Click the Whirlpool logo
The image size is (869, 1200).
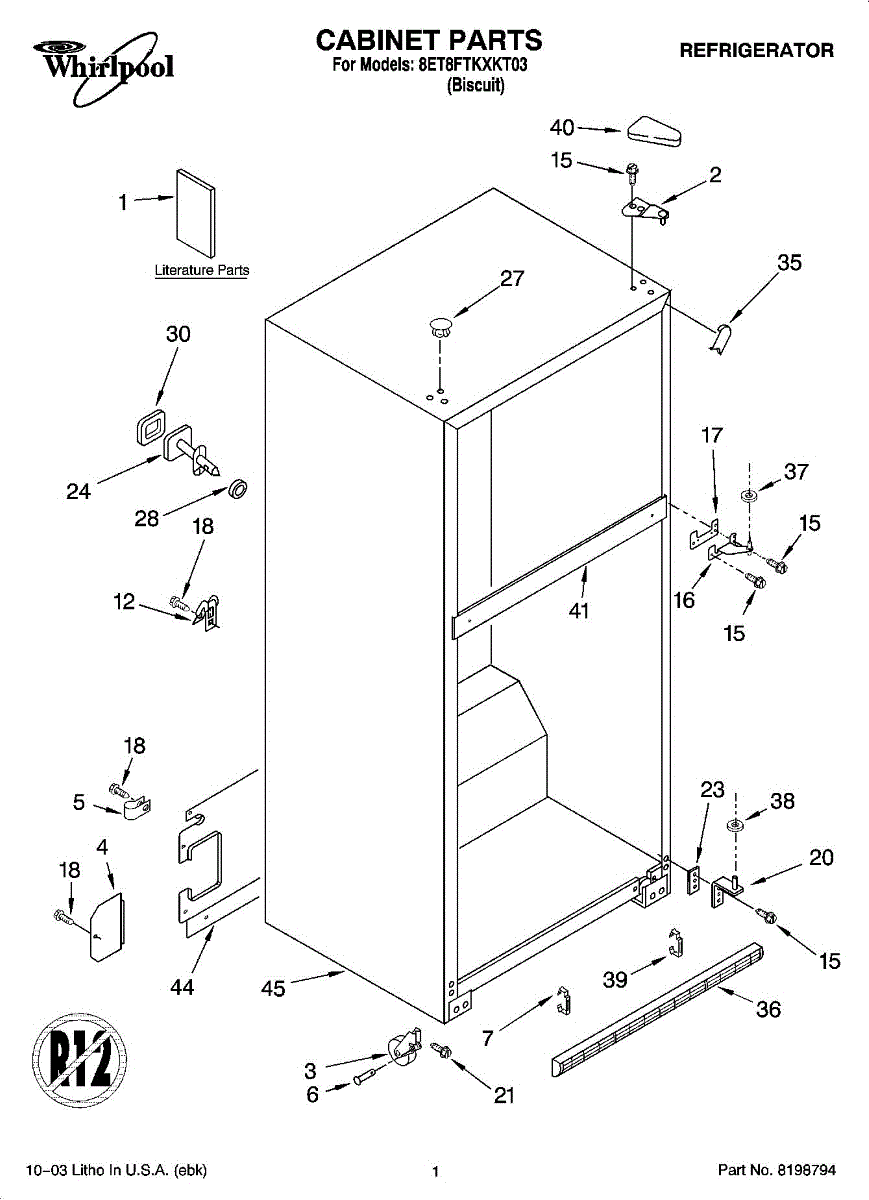pos(103,67)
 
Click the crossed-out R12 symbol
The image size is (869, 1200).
pos(80,1060)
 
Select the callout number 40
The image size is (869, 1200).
pos(562,128)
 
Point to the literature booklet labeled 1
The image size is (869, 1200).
pos(196,213)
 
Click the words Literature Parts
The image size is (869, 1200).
pos(202,270)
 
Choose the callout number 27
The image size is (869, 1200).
pos(512,278)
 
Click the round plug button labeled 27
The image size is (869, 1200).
pos(440,326)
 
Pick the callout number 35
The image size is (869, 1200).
pos(790,262)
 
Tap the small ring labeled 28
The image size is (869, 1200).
pos(237,489)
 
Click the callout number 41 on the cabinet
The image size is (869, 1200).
pos(579,610)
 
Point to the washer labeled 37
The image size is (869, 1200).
pos(748,495)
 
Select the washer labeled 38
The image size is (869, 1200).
pos(735,824)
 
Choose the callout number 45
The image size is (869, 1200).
pos(273,988)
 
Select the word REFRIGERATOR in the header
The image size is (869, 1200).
pos(756,50)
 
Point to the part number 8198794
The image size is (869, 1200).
pos(805,1170)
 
